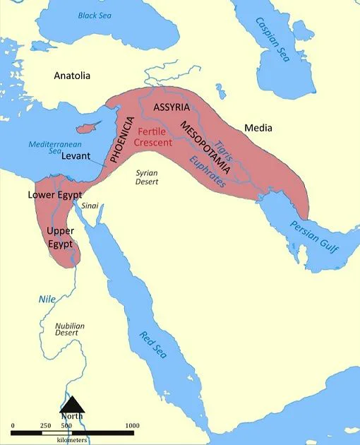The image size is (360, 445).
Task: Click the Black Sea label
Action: [95, 16]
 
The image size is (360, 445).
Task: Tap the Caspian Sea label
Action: [271, 40]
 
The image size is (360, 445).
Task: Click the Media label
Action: [258, 128]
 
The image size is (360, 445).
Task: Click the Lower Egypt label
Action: [55, 194]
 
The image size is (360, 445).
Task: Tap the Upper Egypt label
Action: [60, 237]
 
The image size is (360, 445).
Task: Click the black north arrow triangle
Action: [71, 403]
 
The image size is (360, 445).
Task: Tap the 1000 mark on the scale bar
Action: [131, 425]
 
